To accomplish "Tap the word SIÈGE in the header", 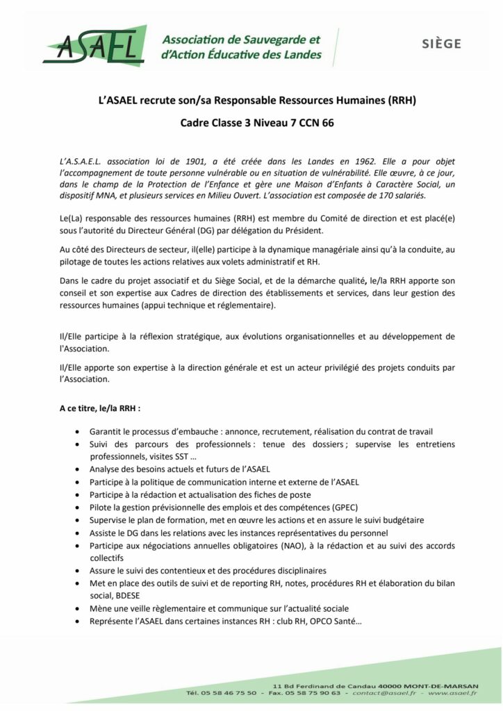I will point(441,44).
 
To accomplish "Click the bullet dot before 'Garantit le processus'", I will point(76,432).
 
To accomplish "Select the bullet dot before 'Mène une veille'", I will point(76,608).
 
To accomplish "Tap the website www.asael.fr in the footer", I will point(451,693).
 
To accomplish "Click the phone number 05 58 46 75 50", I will point(231,693).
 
